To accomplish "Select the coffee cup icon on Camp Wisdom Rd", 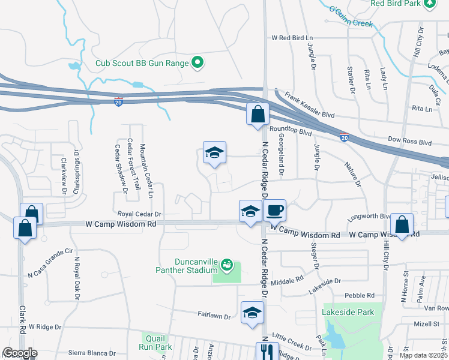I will pyautogui.click(x=275, y=211).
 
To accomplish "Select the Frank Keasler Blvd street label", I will pyautogui.click(x=309, y=104).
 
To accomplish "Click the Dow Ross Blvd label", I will pyautogui.click(x=410, y=143).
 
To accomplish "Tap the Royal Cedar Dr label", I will pyautogui.click(x=140, y=214).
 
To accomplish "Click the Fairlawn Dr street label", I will pyautogui.click(x=214, y=313).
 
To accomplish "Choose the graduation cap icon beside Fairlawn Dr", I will pyautogui.click(x=253, y=312).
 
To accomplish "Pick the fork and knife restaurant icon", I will pyautogui.click(x=265, y=351).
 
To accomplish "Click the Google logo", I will pyautogui.click(x=20, y=353).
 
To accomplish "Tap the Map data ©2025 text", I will pyautogui.click(x=423, y=355).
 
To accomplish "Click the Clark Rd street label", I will pyautogui.click(x=22, y=317).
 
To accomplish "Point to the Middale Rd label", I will pyautogui.click(x=287, y=280).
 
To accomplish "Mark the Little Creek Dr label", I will pyautogui.click(x=292, y=343).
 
